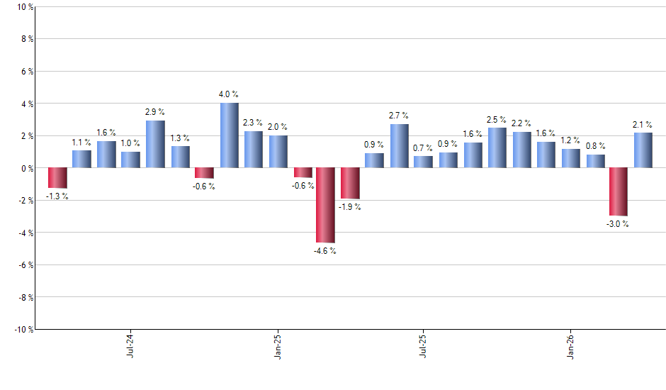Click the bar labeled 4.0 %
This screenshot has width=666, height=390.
coord(229,135)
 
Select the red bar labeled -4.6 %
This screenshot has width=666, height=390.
coord(325,205)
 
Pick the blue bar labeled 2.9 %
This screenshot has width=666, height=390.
coord(155,145)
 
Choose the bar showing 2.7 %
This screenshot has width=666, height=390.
coord(399,146)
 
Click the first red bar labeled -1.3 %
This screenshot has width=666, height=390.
coord(57,178)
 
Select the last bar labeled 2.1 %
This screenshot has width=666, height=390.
coord(643,150)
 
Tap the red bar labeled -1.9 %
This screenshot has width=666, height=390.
coord(350,183)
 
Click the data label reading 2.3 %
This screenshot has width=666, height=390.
coord(253,123)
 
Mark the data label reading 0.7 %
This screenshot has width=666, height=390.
coord(424,148)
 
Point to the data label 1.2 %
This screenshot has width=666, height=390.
coord(570,140)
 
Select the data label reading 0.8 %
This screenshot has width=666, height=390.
coord(595,146)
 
